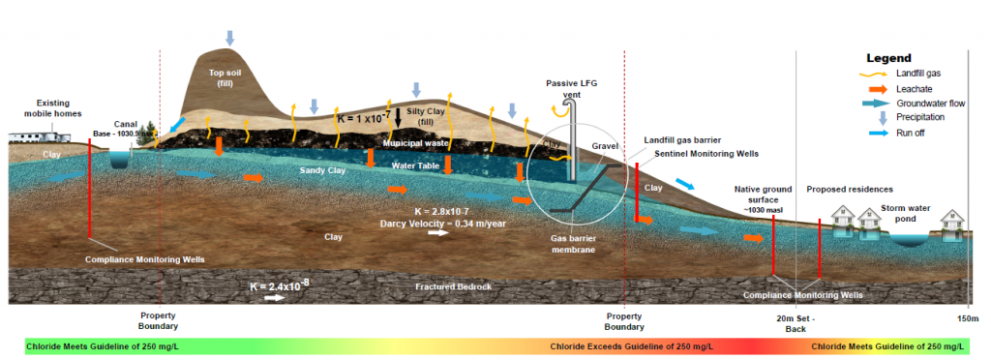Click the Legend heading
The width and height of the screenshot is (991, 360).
pos(888,58)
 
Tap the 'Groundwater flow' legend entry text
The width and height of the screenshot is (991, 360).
pos(930,103)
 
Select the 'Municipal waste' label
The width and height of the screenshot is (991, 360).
pos(415,143)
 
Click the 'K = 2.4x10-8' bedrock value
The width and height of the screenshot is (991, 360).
pos(282,286)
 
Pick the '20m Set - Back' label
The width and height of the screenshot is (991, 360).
pos(796,324)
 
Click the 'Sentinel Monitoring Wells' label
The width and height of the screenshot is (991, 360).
pos(706,154)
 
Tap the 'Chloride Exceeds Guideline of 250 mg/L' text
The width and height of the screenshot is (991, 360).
pos(632,346)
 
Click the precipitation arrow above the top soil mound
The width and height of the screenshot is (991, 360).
pos(229,38)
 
